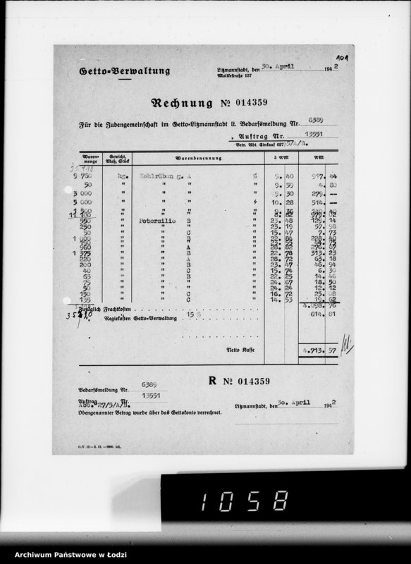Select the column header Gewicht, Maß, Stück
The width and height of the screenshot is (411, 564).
(116, 158)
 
